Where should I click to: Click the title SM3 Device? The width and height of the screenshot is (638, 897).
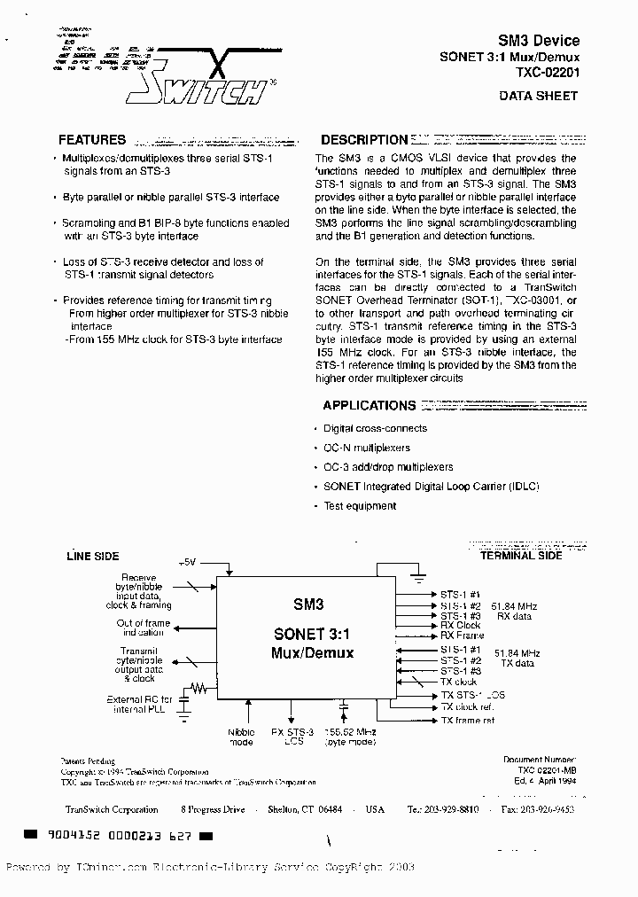coord(539,41)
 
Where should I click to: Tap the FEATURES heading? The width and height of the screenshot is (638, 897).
coord(92,140)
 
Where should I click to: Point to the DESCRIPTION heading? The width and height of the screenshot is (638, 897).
coord(363,140)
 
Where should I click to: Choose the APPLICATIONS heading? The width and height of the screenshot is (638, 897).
coord(369,405)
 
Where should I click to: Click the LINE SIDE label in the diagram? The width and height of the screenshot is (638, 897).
coord(93,557)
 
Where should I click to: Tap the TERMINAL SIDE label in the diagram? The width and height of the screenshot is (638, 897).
coord(521,556)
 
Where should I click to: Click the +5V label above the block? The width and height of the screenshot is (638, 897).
coord(188,562)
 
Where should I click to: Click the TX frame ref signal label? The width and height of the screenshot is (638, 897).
coord(468,721)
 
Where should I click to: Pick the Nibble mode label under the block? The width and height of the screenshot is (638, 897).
coord(241,737)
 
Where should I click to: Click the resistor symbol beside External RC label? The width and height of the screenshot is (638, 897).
coord(201,686)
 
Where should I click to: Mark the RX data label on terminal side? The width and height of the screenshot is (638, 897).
coord(514,616)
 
